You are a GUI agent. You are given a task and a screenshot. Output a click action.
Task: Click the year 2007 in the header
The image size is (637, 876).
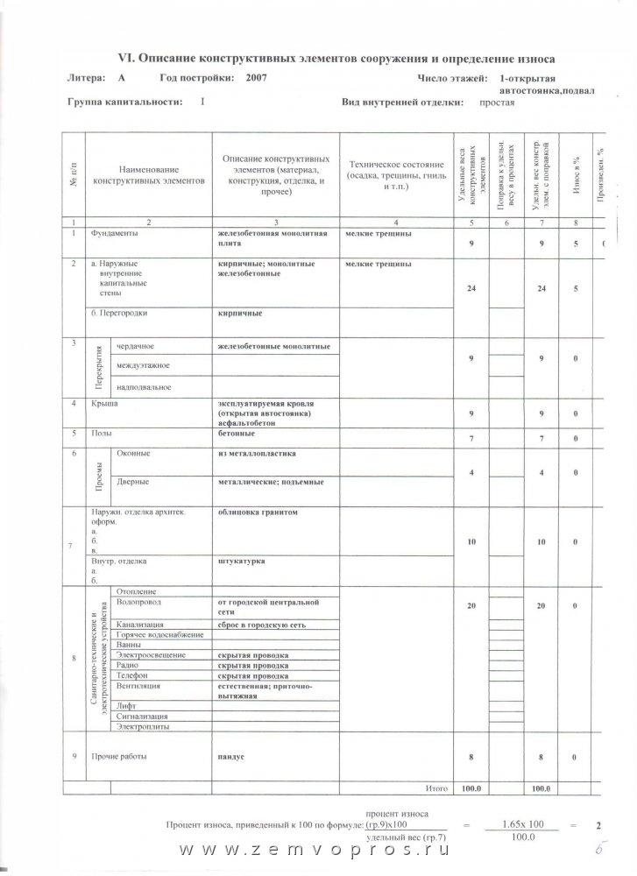(x=257, y=79)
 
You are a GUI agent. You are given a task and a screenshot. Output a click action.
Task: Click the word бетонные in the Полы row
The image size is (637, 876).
(x=236, y=433)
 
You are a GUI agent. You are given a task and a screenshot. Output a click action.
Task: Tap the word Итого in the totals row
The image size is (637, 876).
(x=437, y=788)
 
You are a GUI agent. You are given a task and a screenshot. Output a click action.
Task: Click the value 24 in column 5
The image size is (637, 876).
(x=471, y=287)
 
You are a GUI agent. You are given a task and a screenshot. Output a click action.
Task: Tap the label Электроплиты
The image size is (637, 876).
(x=142, y=727)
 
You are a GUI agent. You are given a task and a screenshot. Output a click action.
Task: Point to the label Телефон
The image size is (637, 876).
(x=131, y=675)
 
